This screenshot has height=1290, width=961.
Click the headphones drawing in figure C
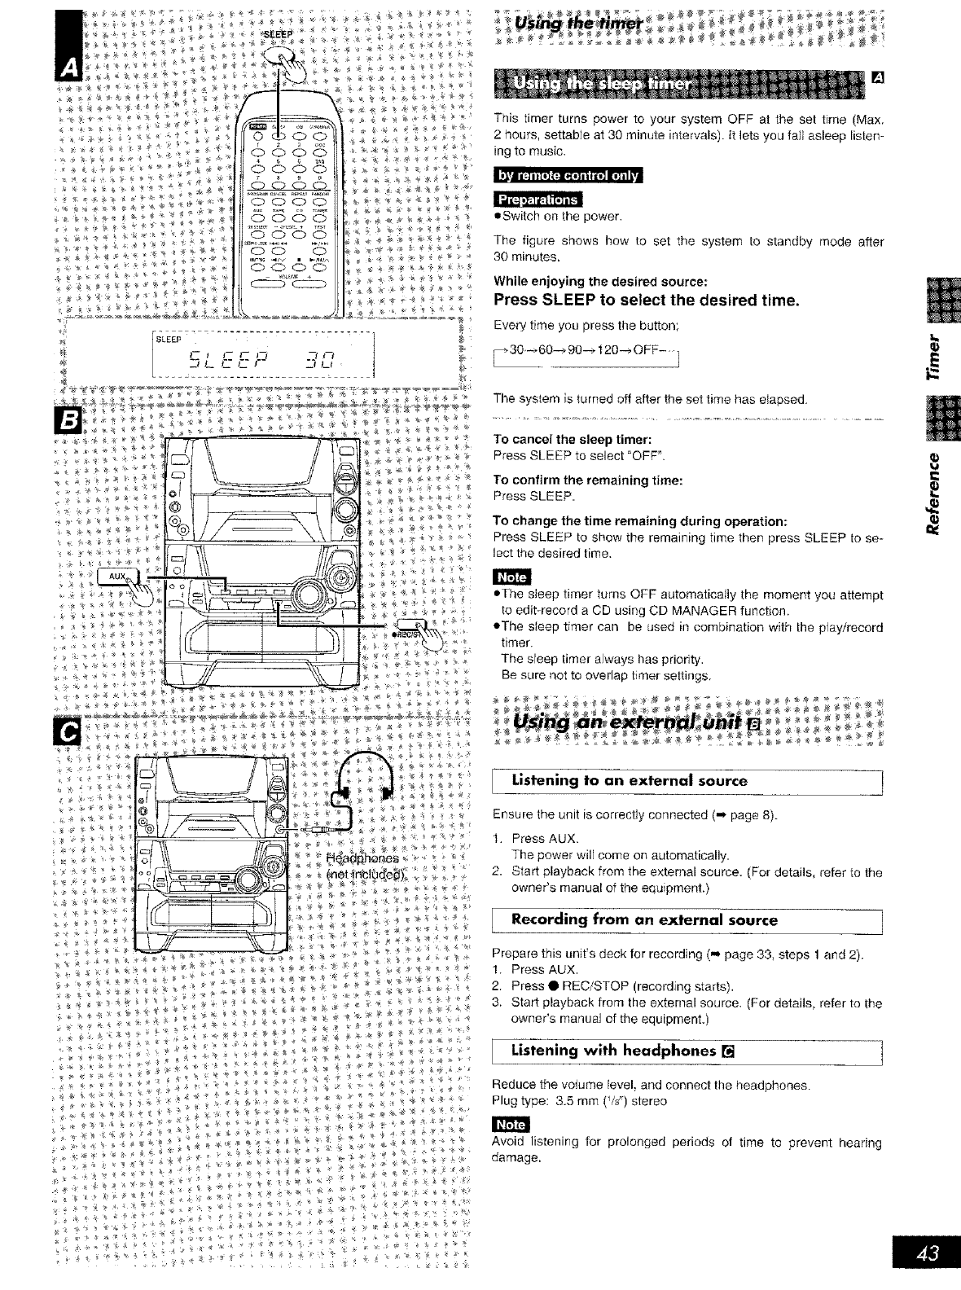[363, 779]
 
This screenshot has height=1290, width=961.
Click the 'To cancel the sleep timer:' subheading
[570, 440]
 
